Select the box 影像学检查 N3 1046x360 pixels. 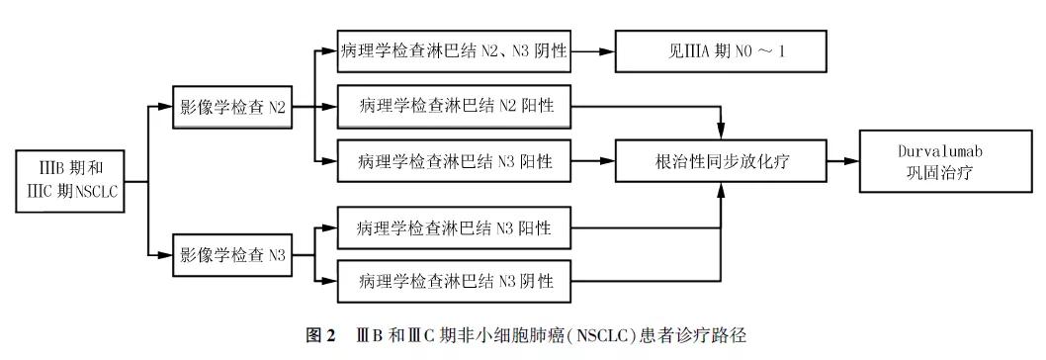(x=232, y=255)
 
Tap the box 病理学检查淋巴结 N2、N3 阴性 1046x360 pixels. (x=454, y=50)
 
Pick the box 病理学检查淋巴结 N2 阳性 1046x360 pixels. (x=454, y=105)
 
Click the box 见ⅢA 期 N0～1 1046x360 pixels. (x=719, y=50)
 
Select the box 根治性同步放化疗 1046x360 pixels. (x=719, y=159)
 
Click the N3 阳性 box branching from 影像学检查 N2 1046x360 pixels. (x=454, y=159)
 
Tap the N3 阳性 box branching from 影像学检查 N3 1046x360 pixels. (x=454, y=229)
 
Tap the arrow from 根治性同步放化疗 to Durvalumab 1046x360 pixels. (x=841, y=159)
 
